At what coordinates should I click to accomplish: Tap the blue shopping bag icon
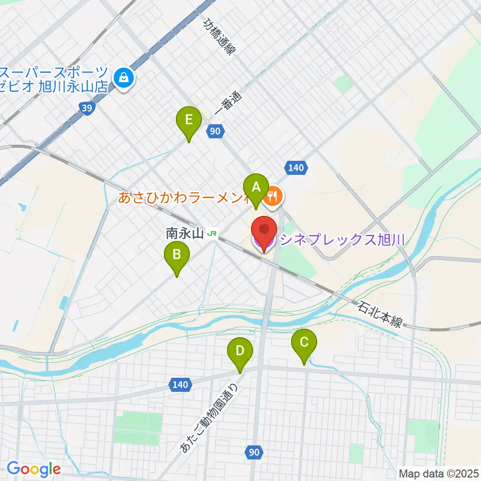pos(122,78)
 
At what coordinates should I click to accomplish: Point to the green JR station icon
pos(213,233)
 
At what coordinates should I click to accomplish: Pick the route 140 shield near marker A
pos(296,168)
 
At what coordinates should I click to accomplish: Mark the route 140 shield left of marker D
pos(179,385)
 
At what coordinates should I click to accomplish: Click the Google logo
pos(34,469)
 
